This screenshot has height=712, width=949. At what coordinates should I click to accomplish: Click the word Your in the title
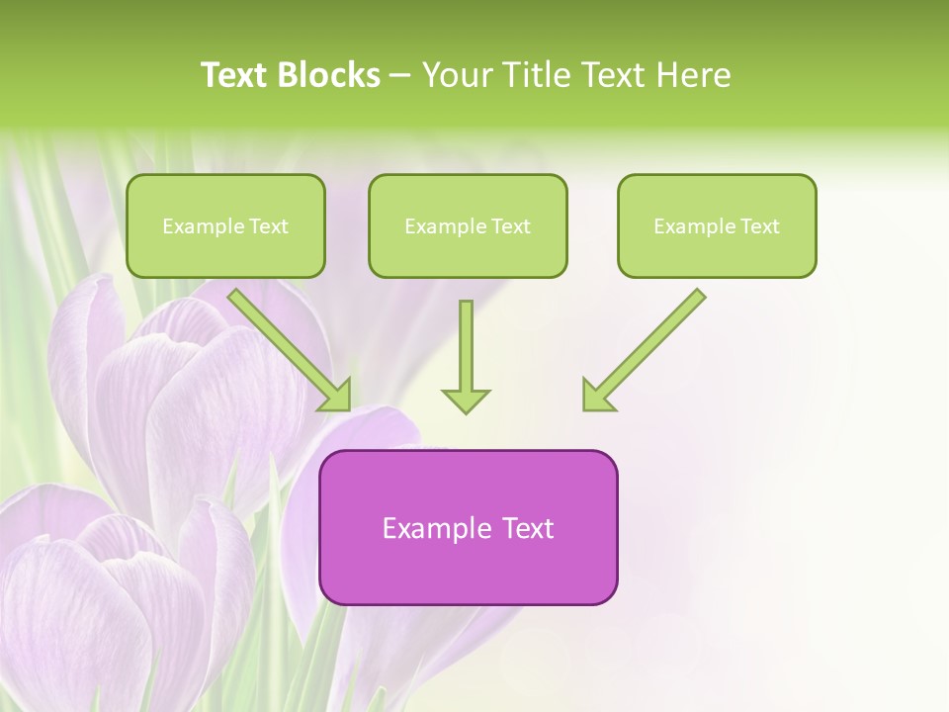pos(455,75)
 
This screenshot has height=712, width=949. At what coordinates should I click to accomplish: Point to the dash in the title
pos(401,76)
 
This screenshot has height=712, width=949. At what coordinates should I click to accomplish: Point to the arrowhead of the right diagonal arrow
pos(595,396)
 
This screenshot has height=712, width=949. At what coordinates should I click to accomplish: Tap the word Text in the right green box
pos(759,226)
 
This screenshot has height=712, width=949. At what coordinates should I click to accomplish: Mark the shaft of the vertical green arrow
pos(466,341)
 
